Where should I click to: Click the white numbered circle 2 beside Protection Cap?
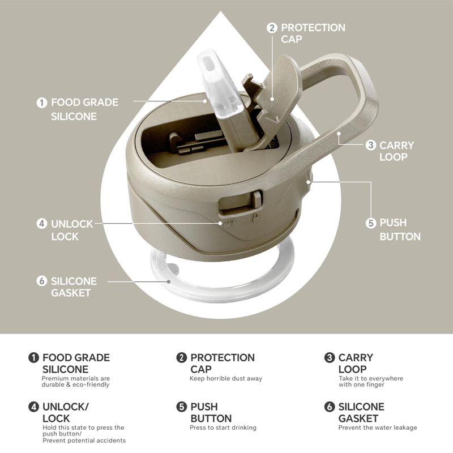pyautogui.click(x=272, y=28)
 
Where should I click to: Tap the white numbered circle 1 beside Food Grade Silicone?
pyautogui.click(x=42, y=102)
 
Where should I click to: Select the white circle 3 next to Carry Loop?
pyautogui.click(x=371, y=145)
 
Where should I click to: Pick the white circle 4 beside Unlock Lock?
pyautogui.click(x=42, y=223)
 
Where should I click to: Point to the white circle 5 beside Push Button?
pyautogui.click(x=371, y=223)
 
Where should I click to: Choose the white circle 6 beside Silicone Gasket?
pyautogui.click(x=42, y=280)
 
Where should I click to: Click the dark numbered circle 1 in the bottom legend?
pyautogui.click(x=33, y=357)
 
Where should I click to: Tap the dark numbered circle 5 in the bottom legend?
pyautogui.click(x=181, y=407)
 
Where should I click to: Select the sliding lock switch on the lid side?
pyautogui.click(x=257, y=199)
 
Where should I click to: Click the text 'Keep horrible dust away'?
pyautogui.click(x=225, y=378)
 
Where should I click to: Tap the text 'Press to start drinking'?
pyautogui.click(x=223, y=428)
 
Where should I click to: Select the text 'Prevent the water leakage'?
pyautogui.click(x=378, y=428)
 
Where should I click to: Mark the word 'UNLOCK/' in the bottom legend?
pyautogui.click(x=66, y=407)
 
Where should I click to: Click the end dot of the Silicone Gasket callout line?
pyautogui.click(x=168, y=281)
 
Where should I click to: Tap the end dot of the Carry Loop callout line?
pyautogui.click(x=339, y=134)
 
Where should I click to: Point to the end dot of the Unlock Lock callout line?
pyautogui.click(x=220, y=223)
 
